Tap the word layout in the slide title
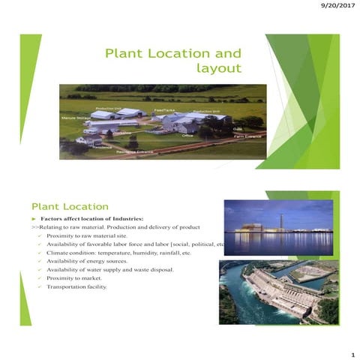(x=219, y=69)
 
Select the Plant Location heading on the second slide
(x=70, y=206)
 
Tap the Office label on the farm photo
(x=187, y=136)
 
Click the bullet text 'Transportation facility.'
(x=77, y=287)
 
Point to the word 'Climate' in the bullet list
(x=58, y=253)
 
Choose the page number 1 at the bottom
(x=352, y=353)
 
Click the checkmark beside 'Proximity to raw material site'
(x=39, y=235)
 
